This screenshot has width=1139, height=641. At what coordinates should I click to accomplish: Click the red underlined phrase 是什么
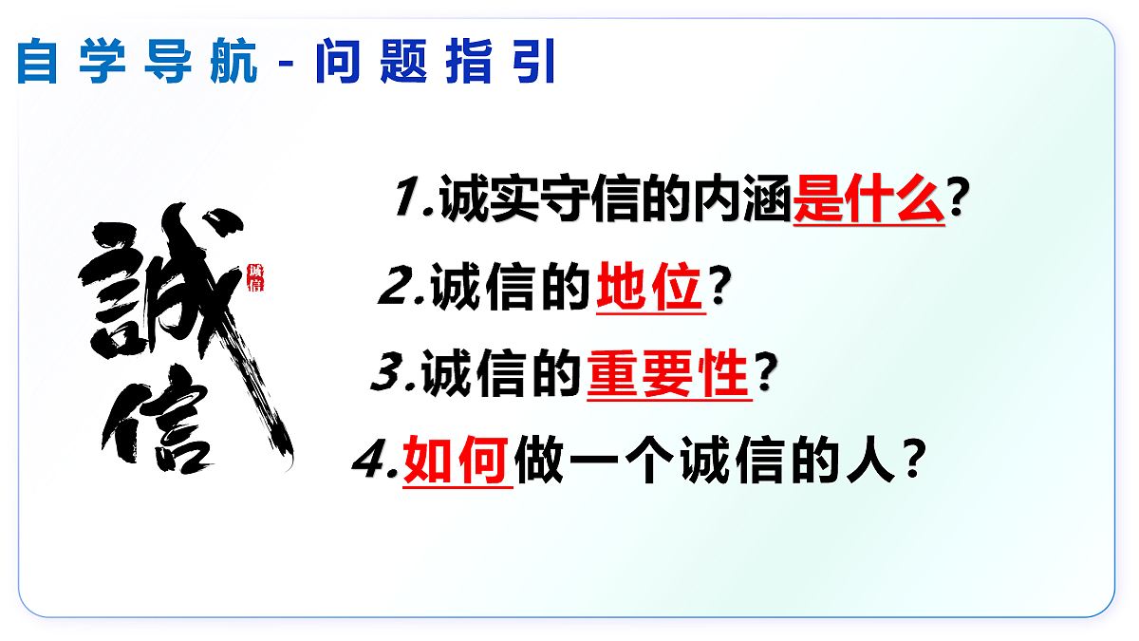coord(868,200)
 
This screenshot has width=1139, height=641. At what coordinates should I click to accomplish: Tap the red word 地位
coord(650,289)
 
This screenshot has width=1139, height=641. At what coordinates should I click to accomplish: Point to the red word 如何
coord(457,463)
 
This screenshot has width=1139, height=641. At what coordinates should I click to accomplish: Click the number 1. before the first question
coord(414,200)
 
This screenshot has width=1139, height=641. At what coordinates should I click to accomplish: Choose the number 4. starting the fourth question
coord(376,463)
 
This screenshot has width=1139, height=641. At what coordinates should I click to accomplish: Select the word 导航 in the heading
coord(201,62)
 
